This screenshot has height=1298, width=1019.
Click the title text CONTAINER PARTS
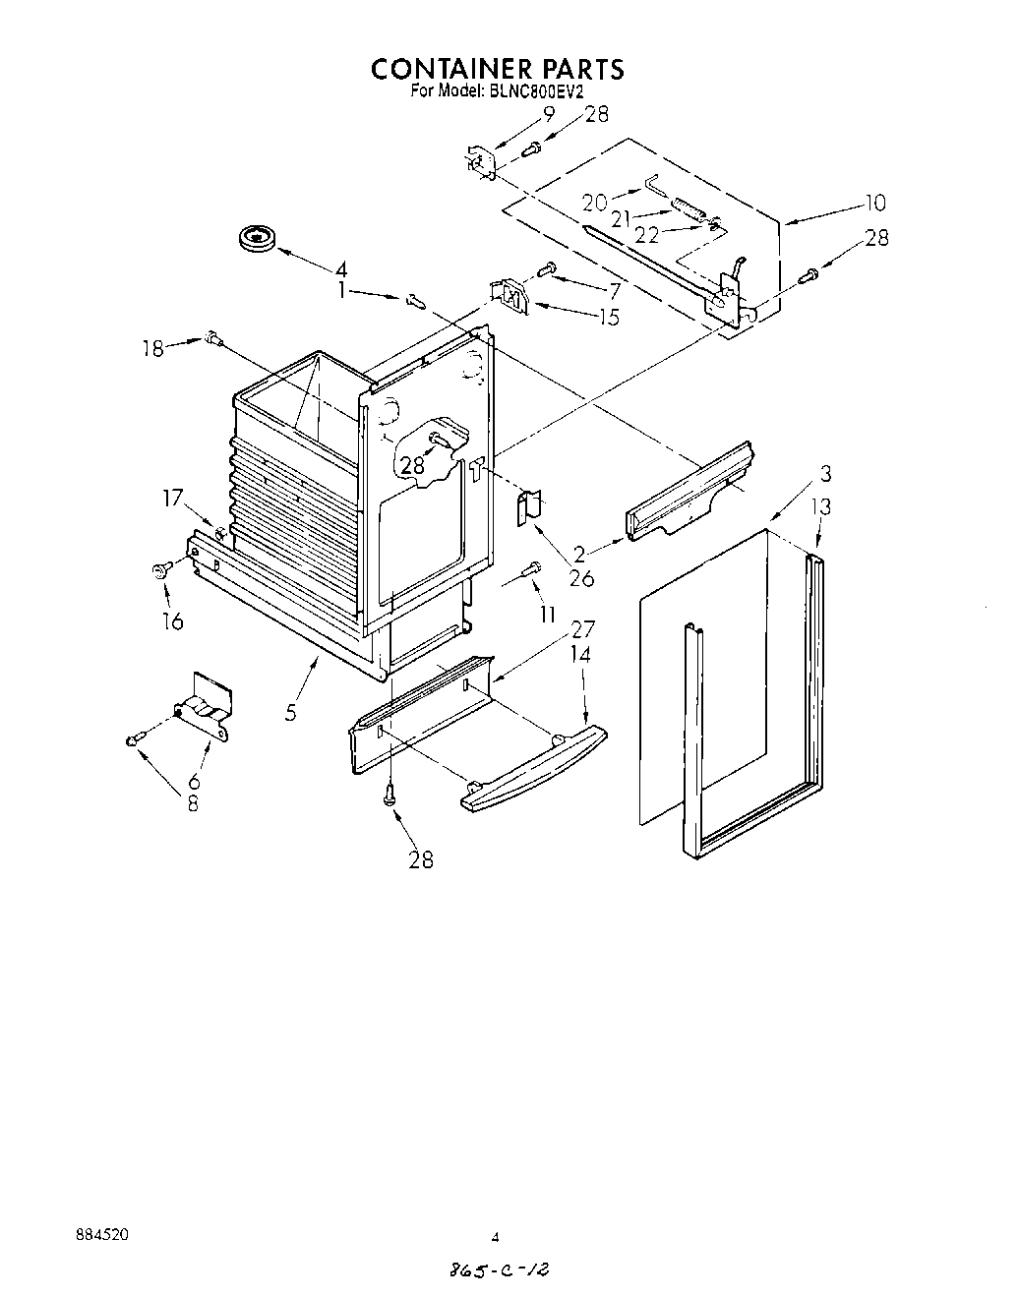tap(497, 69)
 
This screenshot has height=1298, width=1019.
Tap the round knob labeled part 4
tap(258, 237)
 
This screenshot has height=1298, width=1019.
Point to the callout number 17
tap(173, 499)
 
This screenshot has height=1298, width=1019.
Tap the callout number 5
tap(291, 711)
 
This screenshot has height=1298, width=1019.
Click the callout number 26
tap(581, 578)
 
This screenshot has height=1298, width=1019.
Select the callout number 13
tap(821, 506)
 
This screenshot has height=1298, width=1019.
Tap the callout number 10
tap(874, 203)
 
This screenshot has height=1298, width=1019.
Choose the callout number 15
tap(609, 317)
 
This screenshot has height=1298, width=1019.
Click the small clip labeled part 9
tap(479, 161)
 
